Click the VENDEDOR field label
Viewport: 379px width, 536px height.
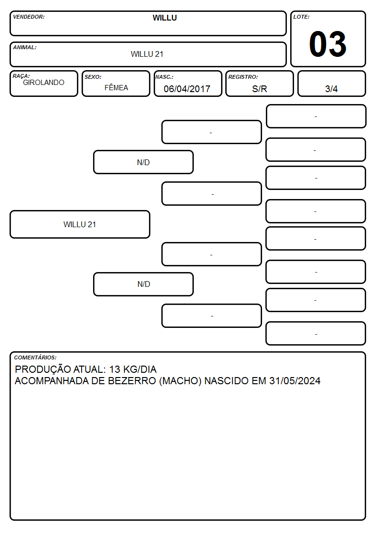[29, 17]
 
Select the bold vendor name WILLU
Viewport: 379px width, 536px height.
[165, 18]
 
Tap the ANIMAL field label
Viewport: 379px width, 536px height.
[25, 48]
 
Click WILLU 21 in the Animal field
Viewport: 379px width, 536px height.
[147, 54]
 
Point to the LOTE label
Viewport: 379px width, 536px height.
[301, 17]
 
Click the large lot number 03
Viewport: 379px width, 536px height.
[328, 44]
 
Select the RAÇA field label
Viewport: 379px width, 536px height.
[21, 76]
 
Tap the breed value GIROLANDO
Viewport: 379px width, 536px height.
[44, 83]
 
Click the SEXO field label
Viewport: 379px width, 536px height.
[93, 77]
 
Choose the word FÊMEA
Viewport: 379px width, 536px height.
[116, 87]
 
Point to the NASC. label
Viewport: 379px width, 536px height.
[164, 77]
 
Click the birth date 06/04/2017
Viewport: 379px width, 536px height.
[187, 89]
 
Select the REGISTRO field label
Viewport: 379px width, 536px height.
[243, 77]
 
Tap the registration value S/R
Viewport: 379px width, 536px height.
[259, 89]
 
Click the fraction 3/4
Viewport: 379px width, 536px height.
[331, 89]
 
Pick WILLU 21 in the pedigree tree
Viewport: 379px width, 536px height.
[80, 225]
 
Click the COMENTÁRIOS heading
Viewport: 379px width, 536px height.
[35, 357]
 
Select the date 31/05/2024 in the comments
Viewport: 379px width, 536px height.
[295, 381]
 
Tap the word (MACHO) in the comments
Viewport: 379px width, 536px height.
[180, 381]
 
